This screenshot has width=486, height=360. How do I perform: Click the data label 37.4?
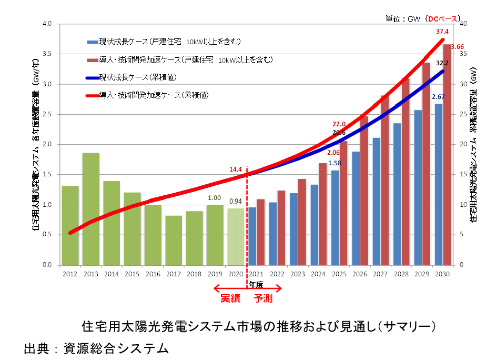tap(442, 32)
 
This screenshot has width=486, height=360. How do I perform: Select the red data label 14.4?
tap(235, 169)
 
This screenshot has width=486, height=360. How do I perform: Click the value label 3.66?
tap(458, 47)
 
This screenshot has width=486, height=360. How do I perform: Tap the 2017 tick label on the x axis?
tap(173, 274)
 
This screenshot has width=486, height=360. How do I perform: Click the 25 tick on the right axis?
tap(463, 114)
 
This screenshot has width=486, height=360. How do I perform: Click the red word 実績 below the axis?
tap(230, 298)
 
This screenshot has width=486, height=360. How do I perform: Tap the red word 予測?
tap(264, 298)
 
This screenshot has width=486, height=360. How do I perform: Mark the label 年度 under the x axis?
tap(256, 284)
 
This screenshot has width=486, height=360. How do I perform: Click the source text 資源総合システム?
tap(116, 348)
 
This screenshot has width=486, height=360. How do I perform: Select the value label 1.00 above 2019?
tap(214, 198)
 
